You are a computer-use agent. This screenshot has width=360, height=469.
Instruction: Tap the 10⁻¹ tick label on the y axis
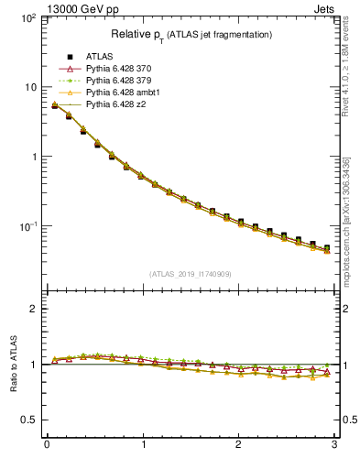27,226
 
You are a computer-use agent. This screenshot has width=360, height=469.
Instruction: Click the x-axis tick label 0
47,446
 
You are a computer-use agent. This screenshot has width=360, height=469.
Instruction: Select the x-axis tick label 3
335,446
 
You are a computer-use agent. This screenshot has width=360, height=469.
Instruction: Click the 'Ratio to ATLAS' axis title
12,364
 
